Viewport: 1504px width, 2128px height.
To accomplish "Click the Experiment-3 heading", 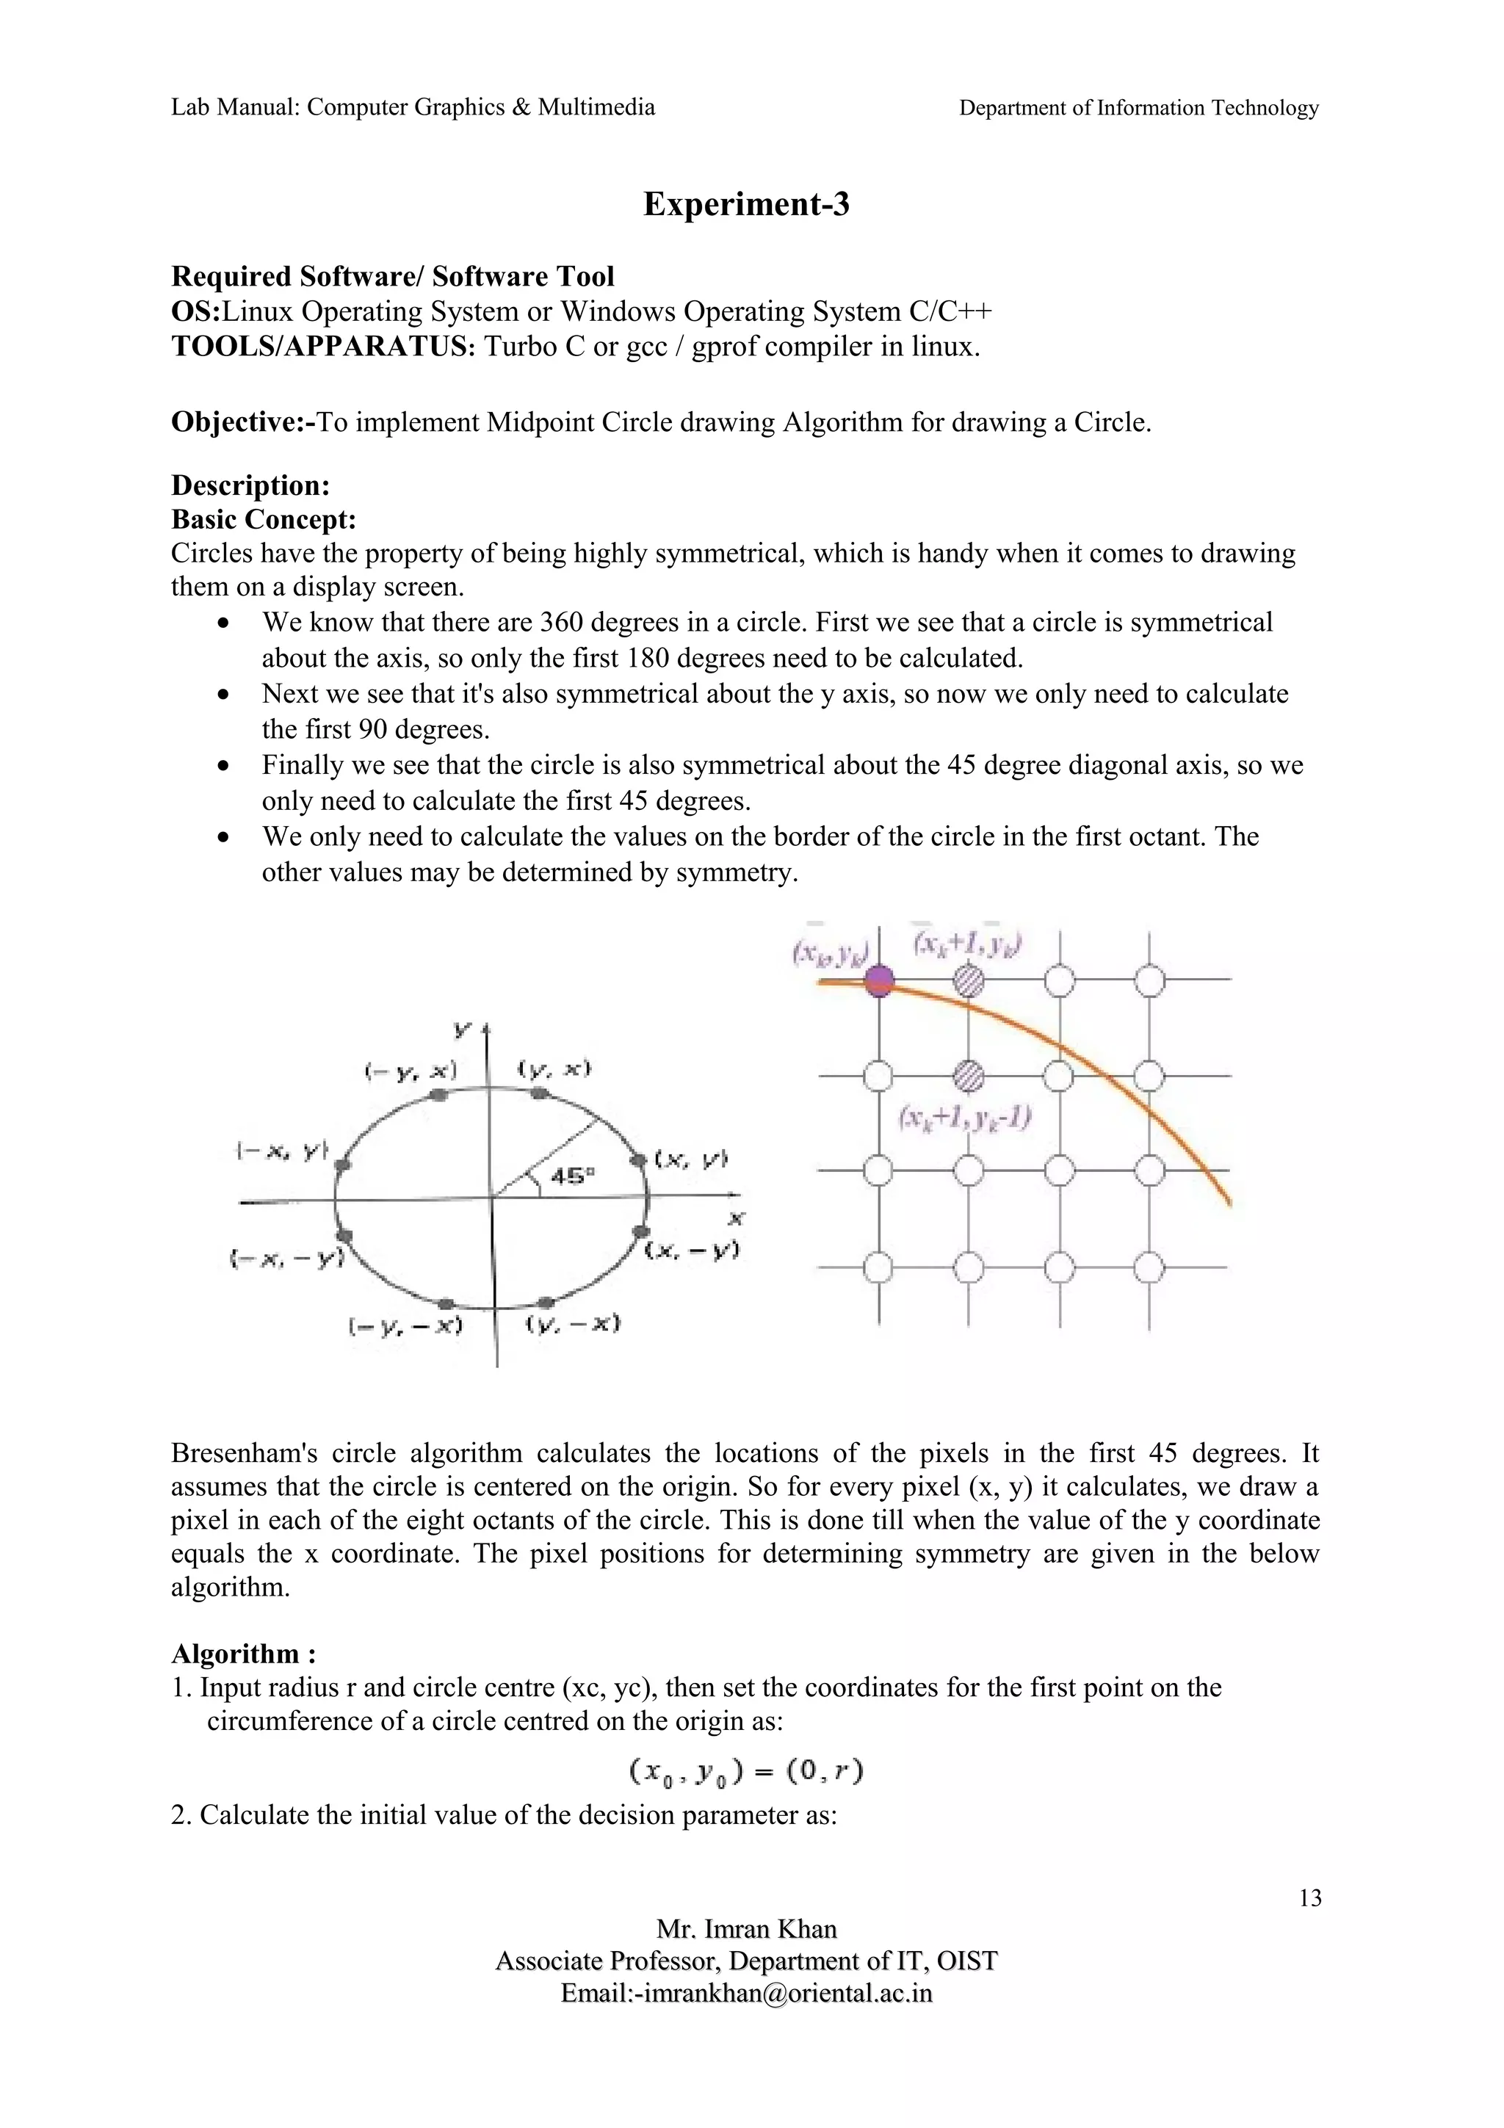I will pyautogui.click(x=746, y=205).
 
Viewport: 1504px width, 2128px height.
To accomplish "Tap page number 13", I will pyautogui.click(x=1309, y=1899).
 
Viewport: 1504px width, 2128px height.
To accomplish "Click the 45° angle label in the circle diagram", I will pyautogui.click(x=573, y=1176).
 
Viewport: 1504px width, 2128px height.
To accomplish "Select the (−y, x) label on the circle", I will pyautogui.click(x=411, y=1071).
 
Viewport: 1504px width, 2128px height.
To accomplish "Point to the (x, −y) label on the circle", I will pyautogui.click(x=693, y=1251).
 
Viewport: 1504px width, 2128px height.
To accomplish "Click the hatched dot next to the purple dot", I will pyautogui.click(x=969, y=979).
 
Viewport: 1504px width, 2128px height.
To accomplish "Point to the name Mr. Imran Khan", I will pyautogui.click(x=746, y=1930).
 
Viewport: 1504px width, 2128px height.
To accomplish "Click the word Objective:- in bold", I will pyautogui.click(x=244, y=423).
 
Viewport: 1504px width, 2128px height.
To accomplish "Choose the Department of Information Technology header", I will pyautogui.click(x=1138, y=109).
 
